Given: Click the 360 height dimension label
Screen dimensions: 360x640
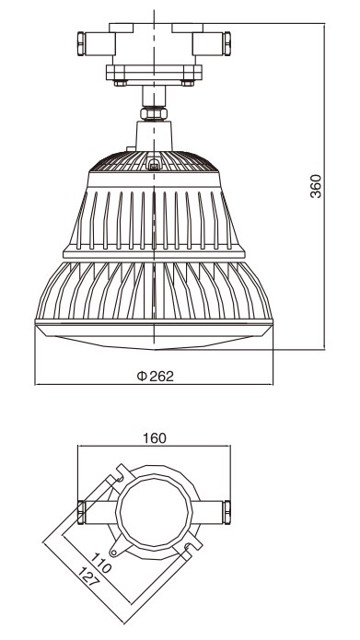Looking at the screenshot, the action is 316,186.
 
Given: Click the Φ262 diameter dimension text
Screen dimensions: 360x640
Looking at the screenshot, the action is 155,376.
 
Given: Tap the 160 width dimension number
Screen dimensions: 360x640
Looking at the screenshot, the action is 155,438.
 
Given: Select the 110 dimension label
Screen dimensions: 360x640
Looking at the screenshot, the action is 100,563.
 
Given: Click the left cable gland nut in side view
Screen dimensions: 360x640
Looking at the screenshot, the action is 81,43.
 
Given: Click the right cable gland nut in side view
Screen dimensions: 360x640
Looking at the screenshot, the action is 226,43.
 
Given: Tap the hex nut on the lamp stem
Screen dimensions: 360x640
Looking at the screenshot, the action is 154,113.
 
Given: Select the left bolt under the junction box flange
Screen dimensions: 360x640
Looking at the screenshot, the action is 120,83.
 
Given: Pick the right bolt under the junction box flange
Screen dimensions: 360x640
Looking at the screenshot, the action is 188,83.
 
